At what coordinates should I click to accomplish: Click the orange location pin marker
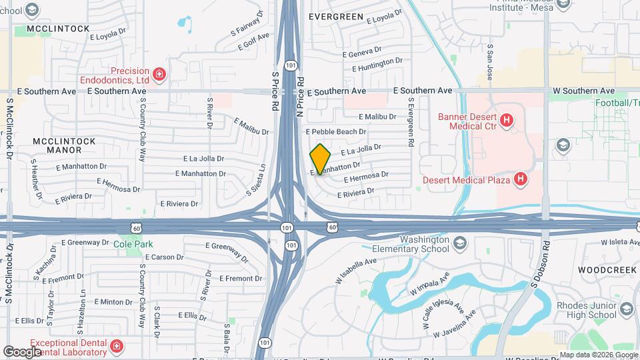tap(321, 159)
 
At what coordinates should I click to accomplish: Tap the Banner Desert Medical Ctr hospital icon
tap(507, 121)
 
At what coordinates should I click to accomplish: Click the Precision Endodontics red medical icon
tap(159, 74)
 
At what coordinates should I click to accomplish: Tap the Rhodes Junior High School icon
tap(625, 309)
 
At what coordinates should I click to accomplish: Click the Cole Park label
tap(138, 245)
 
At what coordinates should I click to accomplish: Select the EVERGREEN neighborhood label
tap(337, 17)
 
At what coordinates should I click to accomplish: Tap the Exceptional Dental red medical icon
tap(117, 346)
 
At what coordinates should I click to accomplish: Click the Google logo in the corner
tap(23, 351)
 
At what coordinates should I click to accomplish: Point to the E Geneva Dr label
tap(361, 51)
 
